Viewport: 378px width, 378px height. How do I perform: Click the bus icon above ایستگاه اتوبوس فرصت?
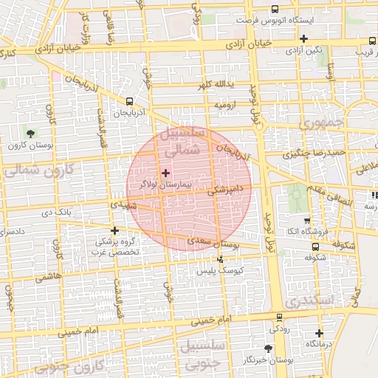[x=275, y=10]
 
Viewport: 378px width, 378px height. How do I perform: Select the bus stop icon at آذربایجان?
[x=130, y=102]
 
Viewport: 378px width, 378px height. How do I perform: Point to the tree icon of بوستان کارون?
[x=30, y=134]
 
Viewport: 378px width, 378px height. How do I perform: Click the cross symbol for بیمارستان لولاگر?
[x=165, y=172]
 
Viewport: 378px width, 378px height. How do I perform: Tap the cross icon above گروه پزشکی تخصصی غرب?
[x=114, y=230]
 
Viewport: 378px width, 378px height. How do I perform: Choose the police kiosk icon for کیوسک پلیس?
[x=221, y=259]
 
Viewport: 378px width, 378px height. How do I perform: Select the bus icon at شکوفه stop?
[x=315, y=247]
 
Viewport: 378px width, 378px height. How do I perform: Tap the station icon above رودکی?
[x=278, y=317]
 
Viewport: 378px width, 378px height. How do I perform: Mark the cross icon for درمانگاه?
[x=319, y=333]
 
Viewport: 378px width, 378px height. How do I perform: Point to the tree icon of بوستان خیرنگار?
[x=267, y=348]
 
